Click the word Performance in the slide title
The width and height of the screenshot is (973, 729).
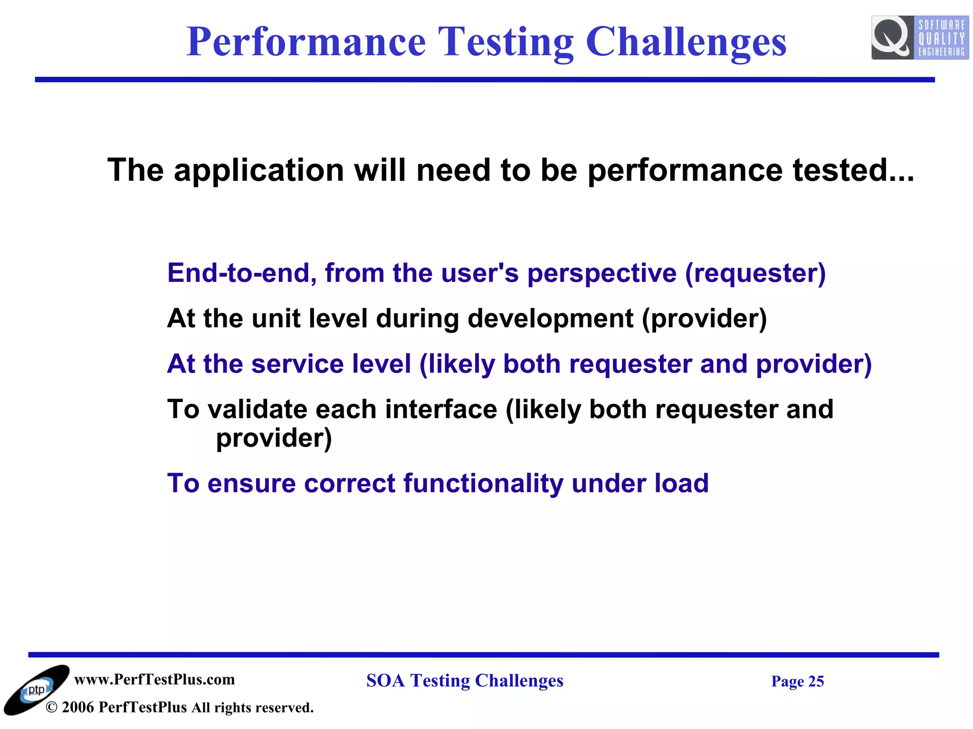coord(306,43)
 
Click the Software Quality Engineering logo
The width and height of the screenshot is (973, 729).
coord(919,37)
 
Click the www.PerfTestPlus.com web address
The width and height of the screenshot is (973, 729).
coord(154,680)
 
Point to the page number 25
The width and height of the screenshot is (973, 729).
coord(816,682)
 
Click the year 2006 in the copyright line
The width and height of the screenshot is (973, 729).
coord(77,708)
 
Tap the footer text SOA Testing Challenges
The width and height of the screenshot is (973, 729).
coord(465,681)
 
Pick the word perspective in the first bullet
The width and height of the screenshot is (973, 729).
coord(601,274)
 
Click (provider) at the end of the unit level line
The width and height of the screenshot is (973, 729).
coord(704,319)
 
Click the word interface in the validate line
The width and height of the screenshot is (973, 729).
coord(440,409)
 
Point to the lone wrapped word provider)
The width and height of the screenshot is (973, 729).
coord(274,438)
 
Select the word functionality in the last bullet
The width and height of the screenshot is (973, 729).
coord(483,484)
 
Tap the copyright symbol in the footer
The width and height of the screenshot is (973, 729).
coord(51,708)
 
